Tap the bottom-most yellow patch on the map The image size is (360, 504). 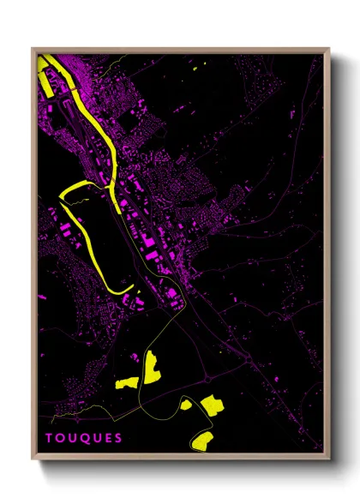coord(202,441)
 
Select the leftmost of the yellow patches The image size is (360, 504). coord(127,381)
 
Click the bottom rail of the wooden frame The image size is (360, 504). coord(180,459)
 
